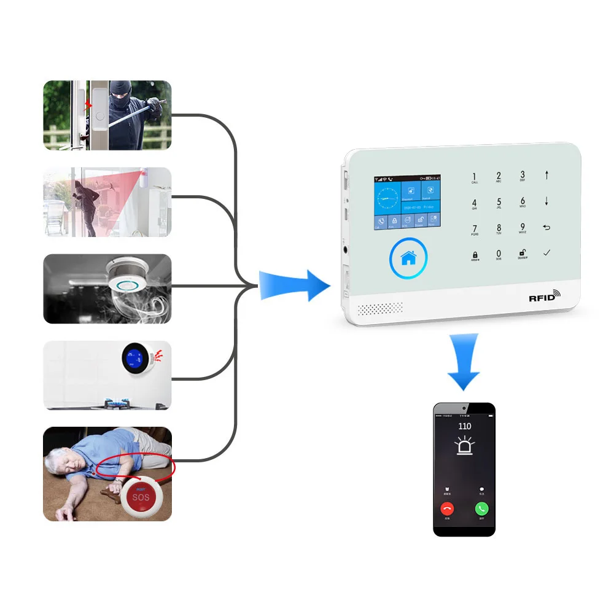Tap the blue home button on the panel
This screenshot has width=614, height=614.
click(x=408, y=258)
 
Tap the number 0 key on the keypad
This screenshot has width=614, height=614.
click(x=499, y=254)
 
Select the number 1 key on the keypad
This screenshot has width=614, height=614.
click(x=475, y=178)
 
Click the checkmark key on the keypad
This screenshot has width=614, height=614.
click(x=546, y=252)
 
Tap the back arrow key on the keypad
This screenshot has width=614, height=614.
click(x=546, y=228)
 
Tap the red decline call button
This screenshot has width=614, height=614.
click(x=447, y=508)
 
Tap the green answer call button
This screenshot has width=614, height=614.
click(x=481, y=508)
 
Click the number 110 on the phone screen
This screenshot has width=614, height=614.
click(x=465, y=426)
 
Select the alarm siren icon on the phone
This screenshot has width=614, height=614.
click(x=465, y=445)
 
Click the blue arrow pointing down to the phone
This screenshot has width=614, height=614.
click(x=463, y=362)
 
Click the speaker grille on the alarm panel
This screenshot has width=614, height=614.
click(x=381, y=308)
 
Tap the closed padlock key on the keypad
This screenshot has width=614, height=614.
click(x=475, y=254)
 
